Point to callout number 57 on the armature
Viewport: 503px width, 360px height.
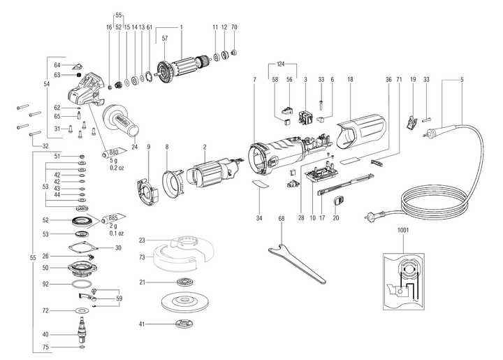164,39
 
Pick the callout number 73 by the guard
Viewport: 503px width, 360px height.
142,257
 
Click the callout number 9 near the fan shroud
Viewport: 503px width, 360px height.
148,147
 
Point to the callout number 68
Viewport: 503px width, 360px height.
281,219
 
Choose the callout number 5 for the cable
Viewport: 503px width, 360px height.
462,80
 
